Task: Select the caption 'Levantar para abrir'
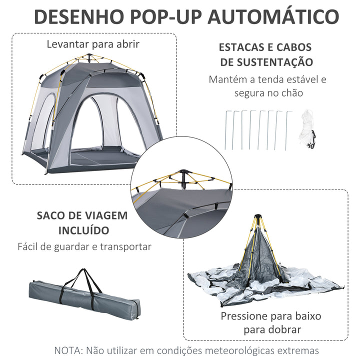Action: [x=93, y=43]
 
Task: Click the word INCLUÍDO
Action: [x=84, y=230]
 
